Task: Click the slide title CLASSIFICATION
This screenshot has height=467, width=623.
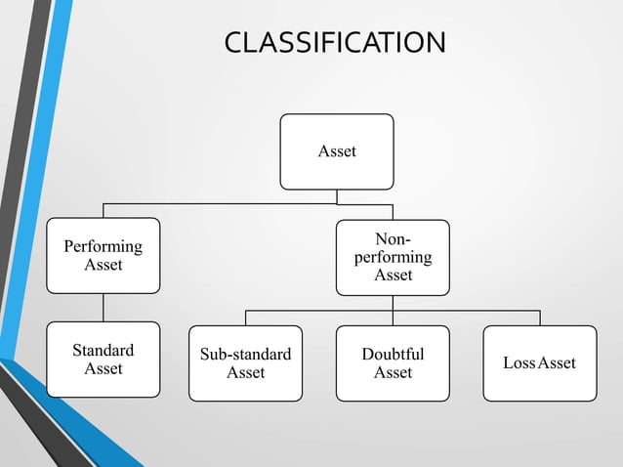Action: pyautogui.click(x=335, y=43)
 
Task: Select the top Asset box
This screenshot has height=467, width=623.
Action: pyautogui.click(x=337, y=151)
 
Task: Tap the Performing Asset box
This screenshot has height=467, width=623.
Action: pyautogui.click(x=103, y=255)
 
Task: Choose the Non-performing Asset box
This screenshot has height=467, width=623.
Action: pyautogui.click(x=393, y=257)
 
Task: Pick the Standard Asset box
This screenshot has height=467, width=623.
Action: pyautogui.click(x=103, y=359)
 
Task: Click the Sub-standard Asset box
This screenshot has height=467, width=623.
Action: pyautogui.click(x=245, y=362)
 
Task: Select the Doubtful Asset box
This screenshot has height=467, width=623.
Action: pyautogui.click(x=393, y=362)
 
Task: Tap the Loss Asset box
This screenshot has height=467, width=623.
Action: pyautogui.click(x=539, y=362)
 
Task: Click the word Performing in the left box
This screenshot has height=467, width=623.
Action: pyautogui.click(x=103, y=246)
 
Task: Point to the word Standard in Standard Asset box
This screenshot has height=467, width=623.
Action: pyautogui.click(x=103, y=350)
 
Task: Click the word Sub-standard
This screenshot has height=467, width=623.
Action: pyautogui.click(x=245, y=354)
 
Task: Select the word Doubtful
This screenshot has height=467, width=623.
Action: pyautogui.click(x=393, y=354)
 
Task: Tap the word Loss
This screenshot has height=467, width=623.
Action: pyautogui.click(x=519, y=363)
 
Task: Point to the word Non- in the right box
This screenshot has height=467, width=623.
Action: pyautogui.click(x=393, y=239)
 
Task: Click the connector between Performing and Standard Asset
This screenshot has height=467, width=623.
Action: pyautogui.click(x=103, y=308)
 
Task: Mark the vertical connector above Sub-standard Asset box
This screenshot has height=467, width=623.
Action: pyautogui.click(x=245, y=318)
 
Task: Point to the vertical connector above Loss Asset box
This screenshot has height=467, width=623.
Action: pyautogui.click(x=540, y=318)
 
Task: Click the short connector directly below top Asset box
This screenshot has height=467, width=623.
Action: pyautogui.click(x=337, y=196)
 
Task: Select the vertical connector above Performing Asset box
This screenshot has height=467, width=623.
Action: pyautogui.click(x=103, y=210)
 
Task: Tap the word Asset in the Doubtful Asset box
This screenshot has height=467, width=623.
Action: pyautogui.click(x=393, y=372)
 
